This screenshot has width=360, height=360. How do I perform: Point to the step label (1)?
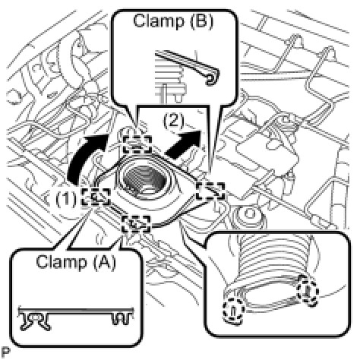coord(65,199)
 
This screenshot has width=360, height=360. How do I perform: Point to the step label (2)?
coord(174,121)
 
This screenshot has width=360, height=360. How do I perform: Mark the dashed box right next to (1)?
coord(96,197)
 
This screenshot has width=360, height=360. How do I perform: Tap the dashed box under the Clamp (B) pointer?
coord(137,144)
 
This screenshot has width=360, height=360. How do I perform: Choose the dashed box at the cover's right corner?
coord(210,191)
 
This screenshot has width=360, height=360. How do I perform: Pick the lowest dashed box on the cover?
coord(136,223)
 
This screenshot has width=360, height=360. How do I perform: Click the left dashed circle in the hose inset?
coord(233,309)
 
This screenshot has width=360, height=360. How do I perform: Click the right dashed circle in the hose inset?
coord(308,291)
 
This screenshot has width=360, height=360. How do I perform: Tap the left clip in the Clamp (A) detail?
coord(35,321)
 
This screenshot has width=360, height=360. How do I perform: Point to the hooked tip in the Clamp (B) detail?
coord(212,77)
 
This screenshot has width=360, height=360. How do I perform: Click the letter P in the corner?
coord(6,352)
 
